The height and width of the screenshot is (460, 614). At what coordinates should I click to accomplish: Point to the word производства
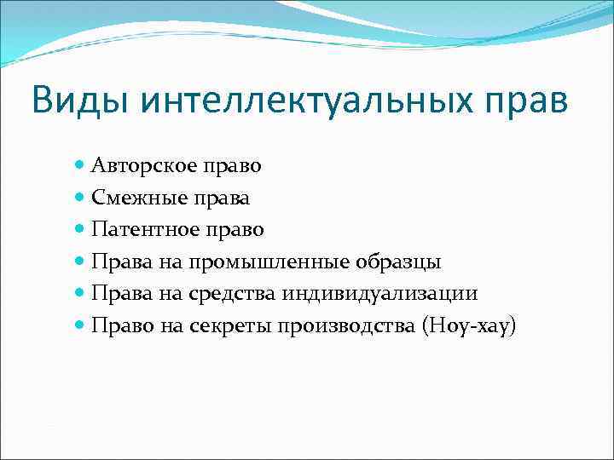(349, 326)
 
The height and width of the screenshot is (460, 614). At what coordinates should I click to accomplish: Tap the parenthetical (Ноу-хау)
(470, 326)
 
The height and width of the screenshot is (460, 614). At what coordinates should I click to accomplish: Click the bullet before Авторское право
(80, 164)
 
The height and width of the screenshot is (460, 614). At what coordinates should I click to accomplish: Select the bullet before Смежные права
(80, 197)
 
